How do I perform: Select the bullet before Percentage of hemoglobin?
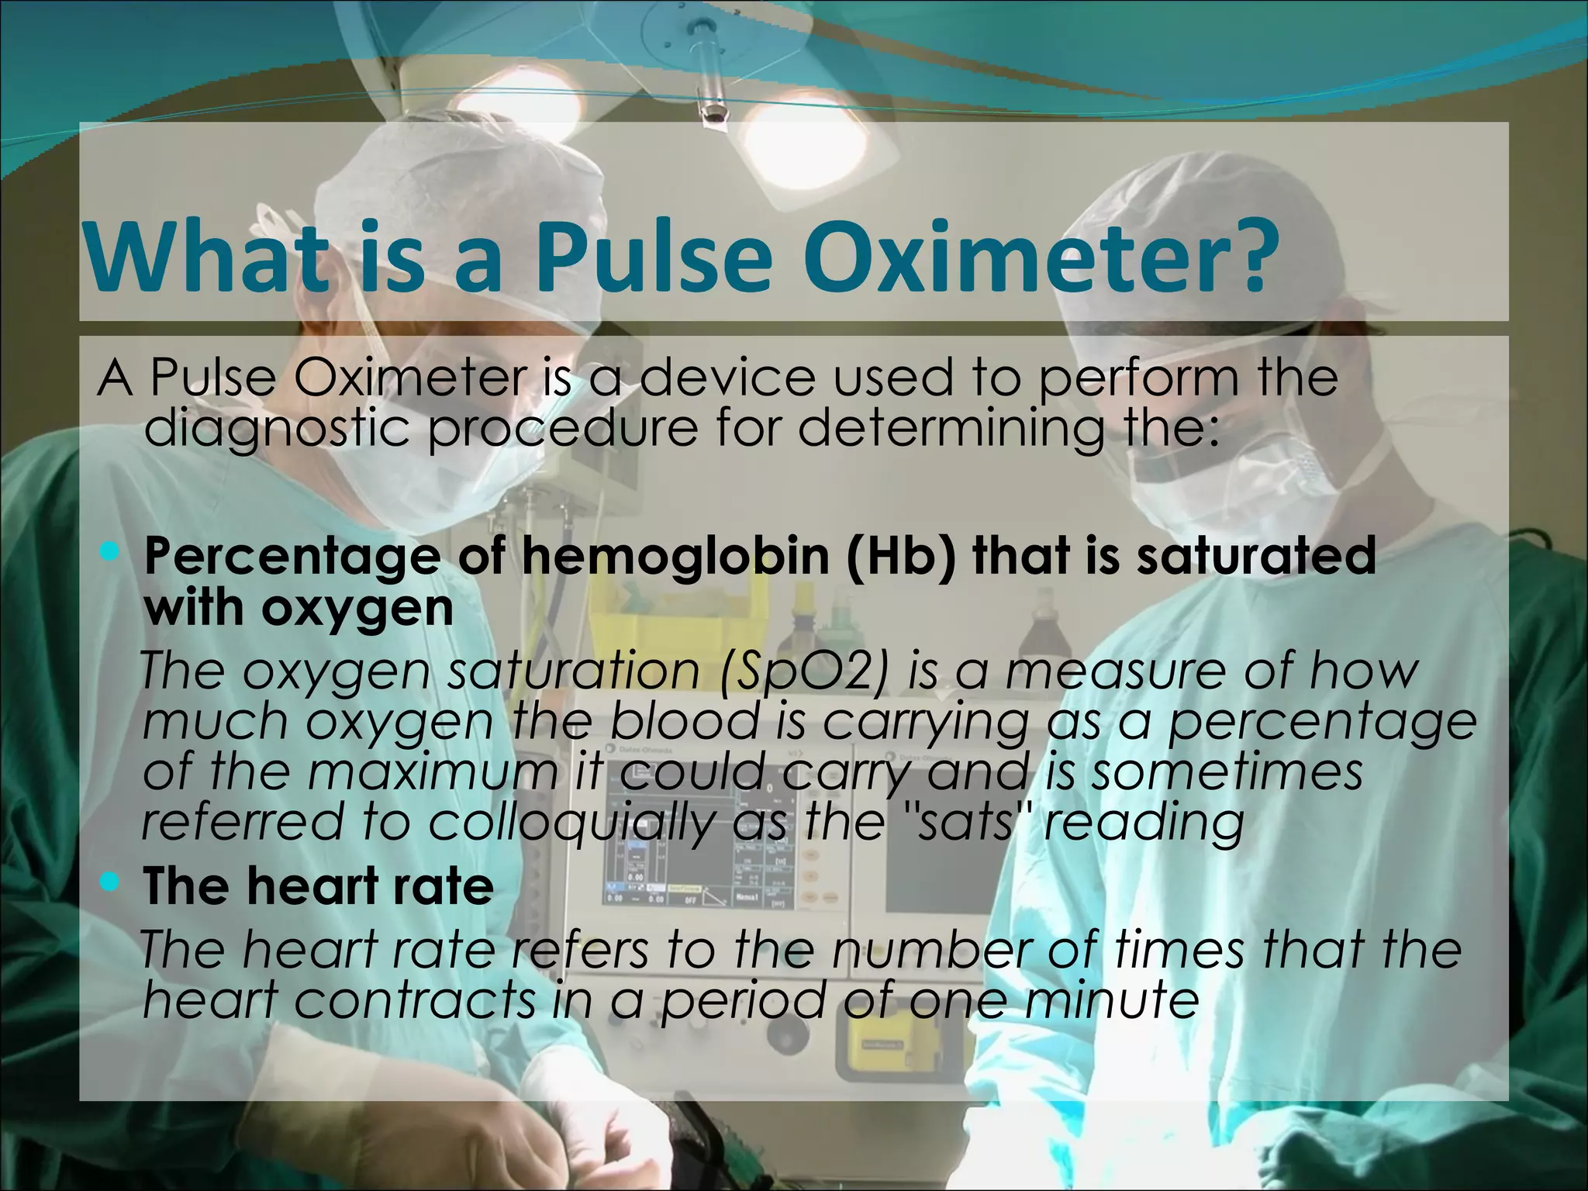pos(111,553)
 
